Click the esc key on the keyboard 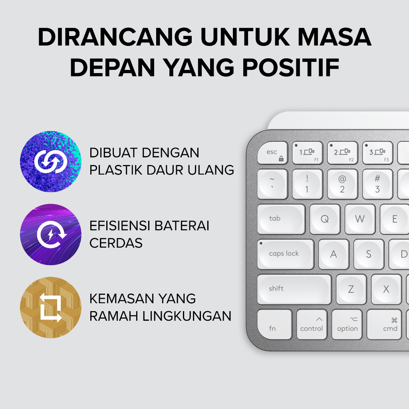[272, 153]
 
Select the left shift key [294, 289]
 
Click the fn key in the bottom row [275, 324]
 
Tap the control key [312, 324]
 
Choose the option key [347, 324]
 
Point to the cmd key [384, 324]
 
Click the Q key [325, 219]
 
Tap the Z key [351, 289]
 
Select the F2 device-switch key [342, 153]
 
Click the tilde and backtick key [272, 184]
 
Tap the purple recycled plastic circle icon [51, 161]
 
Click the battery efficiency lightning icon [51, 234]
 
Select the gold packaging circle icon [51, 308]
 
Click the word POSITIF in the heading [291, 68]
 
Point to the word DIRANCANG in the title [115, 37]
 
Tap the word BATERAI [182, 226]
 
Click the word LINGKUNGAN [187, 316]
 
